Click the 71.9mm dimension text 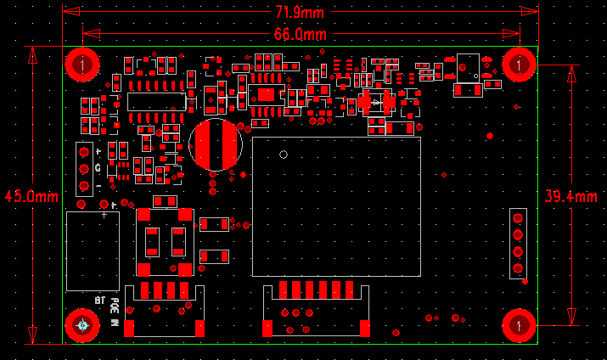299,13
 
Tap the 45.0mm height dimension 31,195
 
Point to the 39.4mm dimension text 570,195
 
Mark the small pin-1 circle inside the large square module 283,155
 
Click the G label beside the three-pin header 98,167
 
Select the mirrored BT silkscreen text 98,301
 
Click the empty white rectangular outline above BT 92,250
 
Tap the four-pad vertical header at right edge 516,242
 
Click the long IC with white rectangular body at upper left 156,101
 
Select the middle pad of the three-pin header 83,169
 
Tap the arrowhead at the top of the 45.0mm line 33,54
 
